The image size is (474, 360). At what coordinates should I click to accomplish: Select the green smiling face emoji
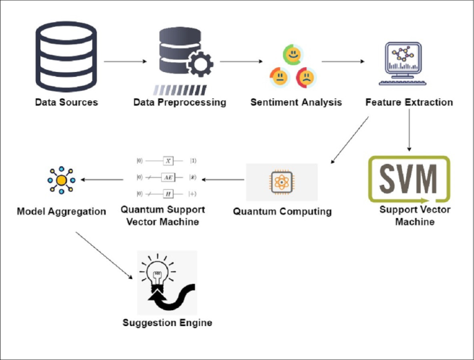coord(293,54)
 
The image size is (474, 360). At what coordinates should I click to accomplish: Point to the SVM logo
coord(410,178)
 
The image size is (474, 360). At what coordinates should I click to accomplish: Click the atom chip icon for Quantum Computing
coord(281,182)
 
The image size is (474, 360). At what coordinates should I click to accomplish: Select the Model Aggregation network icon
coord(61,181)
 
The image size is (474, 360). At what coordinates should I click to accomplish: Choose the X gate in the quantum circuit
coord(167,160)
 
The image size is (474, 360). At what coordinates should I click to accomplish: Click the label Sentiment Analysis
coord(296,102)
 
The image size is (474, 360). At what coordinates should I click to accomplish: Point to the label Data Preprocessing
coord(180,102)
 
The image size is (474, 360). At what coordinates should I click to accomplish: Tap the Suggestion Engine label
coord(167,323)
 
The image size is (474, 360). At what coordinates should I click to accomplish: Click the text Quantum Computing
coord(282,211)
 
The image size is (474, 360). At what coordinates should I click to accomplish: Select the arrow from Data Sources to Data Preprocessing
coord(125,62)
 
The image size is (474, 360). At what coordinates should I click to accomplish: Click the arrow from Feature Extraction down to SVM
coord(410,131)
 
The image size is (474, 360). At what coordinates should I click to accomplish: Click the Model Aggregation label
coord(61,211)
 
